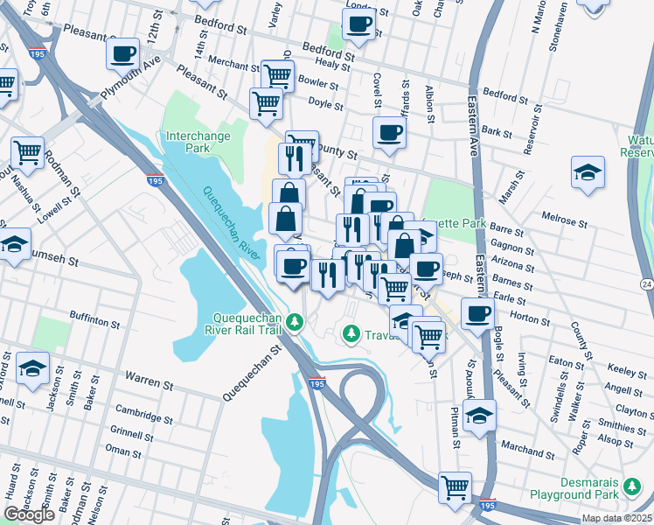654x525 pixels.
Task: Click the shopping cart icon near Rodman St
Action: [28, 152]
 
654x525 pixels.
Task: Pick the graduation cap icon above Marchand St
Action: [479, 415]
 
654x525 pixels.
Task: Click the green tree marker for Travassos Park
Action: [351, 333]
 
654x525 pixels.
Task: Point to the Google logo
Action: [29, 514]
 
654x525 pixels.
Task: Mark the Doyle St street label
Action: [324, 102]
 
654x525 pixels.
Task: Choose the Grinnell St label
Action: [132, 433]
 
